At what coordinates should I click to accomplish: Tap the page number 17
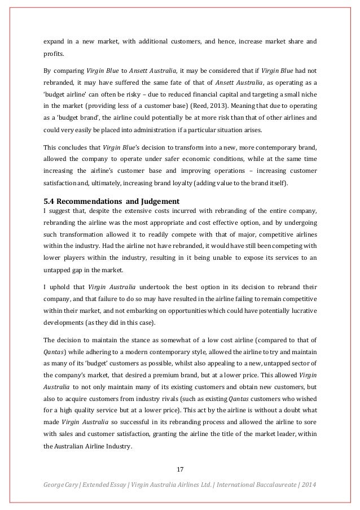[180, 469]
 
